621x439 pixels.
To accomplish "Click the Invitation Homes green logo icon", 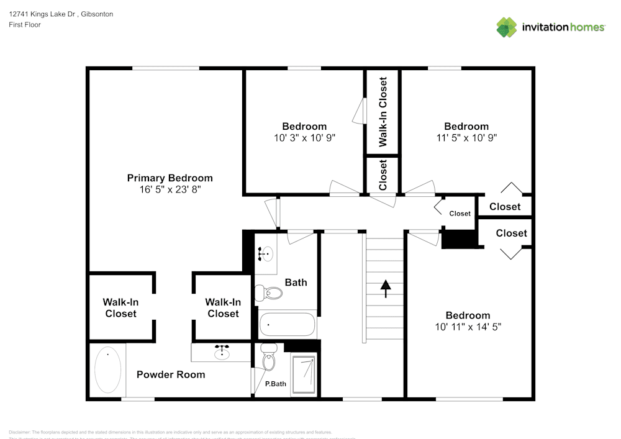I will coord(506,27).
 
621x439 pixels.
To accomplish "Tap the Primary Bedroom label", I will coord(170,178).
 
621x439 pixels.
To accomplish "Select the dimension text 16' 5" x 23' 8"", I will coord(170,190).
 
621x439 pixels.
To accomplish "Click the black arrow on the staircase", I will coord(386,289).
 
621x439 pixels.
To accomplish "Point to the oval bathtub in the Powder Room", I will coord(107,370).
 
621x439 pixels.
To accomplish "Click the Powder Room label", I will coord(171,374).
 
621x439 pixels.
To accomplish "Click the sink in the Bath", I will coord(265,253).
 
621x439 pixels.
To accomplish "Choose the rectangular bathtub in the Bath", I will coord(288,324).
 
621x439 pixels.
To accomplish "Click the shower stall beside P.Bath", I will coord(304,374).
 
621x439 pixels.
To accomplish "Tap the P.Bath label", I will coord(276,384).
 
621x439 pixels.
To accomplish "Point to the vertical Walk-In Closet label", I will coord(383,112).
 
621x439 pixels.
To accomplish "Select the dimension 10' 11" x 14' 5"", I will coord(468,326).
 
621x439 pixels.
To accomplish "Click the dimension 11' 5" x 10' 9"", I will coord(466,137).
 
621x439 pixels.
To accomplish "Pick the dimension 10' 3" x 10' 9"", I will coord(304,138).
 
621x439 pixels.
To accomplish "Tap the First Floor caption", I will coord(25,25).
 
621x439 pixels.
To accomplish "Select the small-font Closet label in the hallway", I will coord(460,214).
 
